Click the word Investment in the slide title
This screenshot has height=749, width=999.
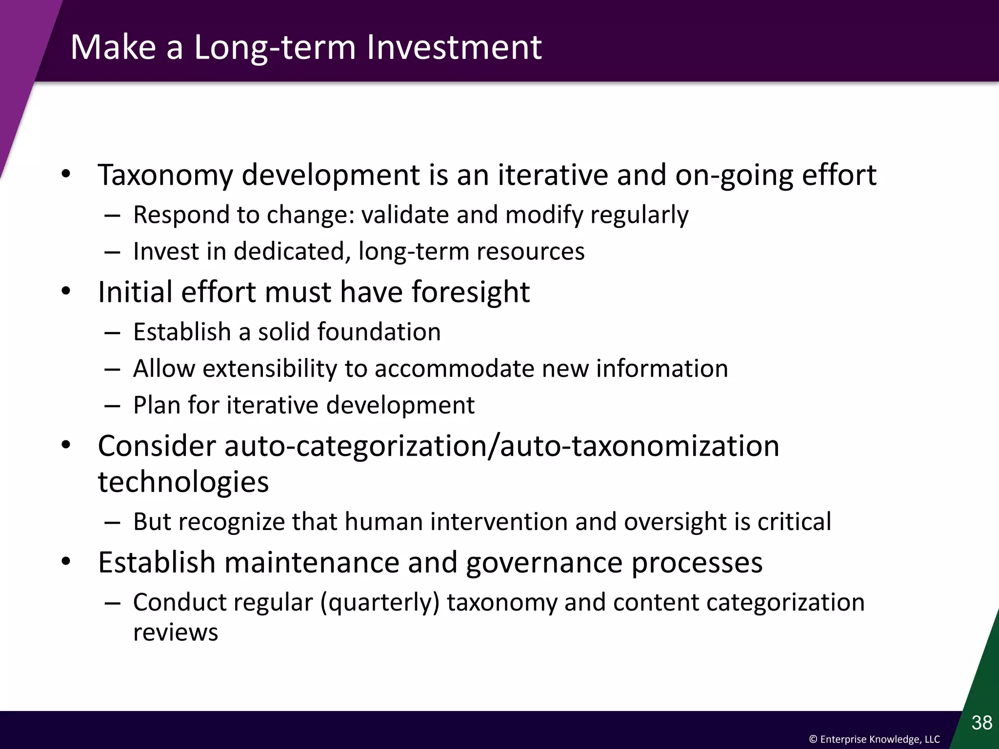(454, 47)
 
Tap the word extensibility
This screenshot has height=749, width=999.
(269, 369)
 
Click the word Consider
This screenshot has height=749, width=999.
(157, 446)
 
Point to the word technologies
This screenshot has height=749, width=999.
(183, 482)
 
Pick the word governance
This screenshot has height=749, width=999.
(544, 563)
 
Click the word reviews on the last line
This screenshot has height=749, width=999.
(176, 632)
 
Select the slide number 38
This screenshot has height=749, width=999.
(981, 722)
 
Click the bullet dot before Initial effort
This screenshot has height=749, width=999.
(66, 292)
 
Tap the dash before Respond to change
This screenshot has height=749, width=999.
(112, 215)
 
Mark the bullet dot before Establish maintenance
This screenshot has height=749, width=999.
(66, 562)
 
